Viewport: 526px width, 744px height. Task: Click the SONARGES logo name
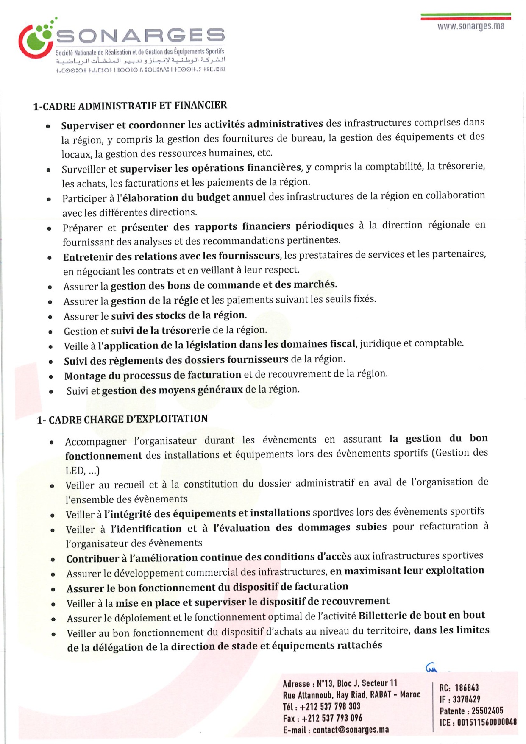pos(140,36)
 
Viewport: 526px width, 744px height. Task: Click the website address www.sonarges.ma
pos(470,26)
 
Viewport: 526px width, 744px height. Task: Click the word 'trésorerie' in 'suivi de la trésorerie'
pos(187,330)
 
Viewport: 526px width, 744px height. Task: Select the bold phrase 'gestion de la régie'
pos(154,301)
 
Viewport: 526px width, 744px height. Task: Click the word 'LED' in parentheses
pos(75,470)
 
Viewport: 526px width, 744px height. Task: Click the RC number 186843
pos(467,688)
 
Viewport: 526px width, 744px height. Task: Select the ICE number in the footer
pos(487,722)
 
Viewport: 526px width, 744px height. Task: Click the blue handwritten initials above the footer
pos(431,669)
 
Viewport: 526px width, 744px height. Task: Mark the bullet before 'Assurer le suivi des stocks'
pos(50,317)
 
